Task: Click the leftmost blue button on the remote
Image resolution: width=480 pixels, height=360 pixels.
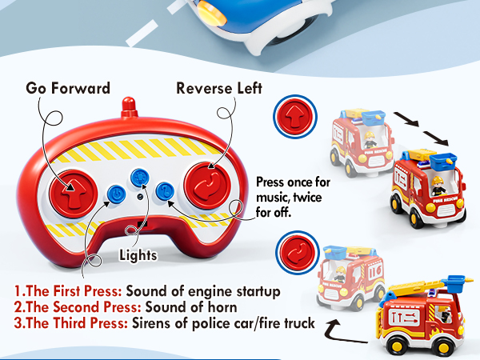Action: click(x=115, y=192)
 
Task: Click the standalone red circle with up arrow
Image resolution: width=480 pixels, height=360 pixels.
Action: click(x=292, y=114)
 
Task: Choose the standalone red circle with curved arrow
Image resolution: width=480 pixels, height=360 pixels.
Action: click(x=292, y=250)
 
